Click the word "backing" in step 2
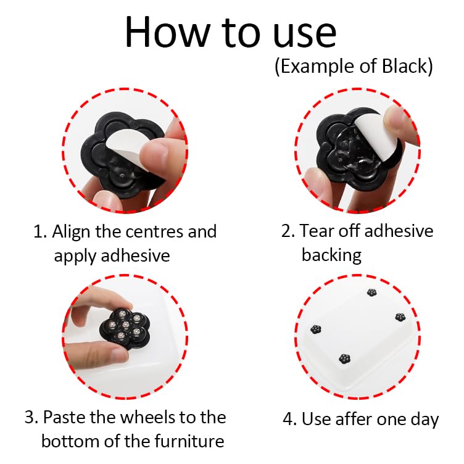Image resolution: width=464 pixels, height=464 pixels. [331, 254]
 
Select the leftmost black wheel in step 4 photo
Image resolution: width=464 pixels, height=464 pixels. [316, 329]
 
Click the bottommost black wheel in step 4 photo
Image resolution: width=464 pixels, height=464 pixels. [344, 358]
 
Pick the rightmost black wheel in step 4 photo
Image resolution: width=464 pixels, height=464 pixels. [399, 317]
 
